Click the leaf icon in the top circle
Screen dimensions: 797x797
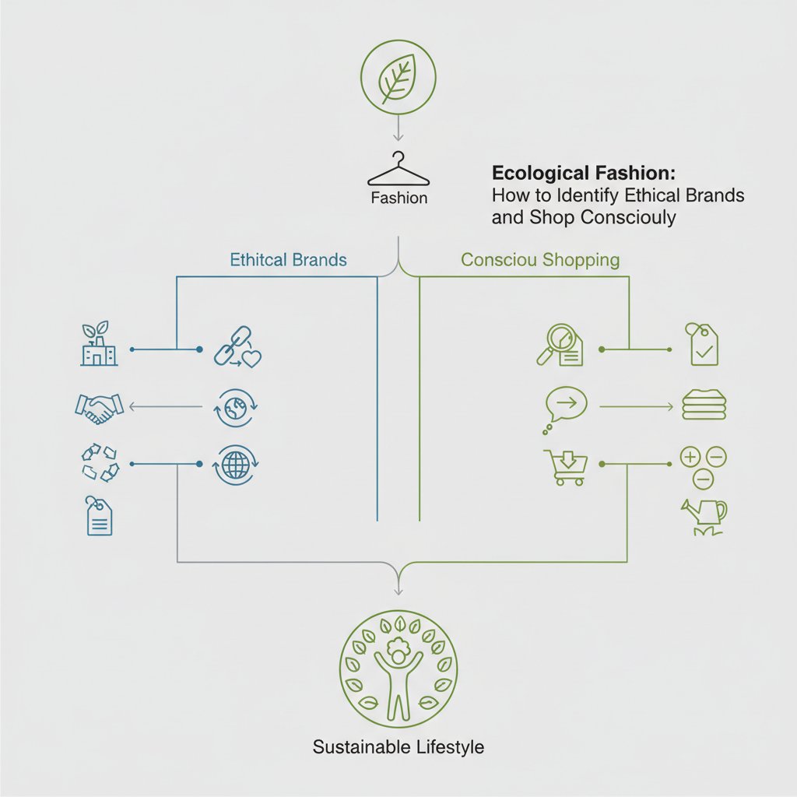coord(398,76)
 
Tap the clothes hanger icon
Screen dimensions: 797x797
coord(398,169)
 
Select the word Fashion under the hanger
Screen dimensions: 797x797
coord(398,198)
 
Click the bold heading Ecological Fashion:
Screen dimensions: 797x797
coord(584,173)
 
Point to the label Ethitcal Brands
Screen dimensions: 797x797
coord(288,260)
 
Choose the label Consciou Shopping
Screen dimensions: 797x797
coord(540,260)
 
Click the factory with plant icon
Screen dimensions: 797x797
coord(99,344)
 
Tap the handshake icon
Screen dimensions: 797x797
coord(99,406)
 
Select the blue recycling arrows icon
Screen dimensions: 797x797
coord(99,462)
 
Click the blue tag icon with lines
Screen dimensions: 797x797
coord(99,517)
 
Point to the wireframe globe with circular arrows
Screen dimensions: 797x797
coord(237,465)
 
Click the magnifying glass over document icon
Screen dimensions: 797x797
coord(560,346)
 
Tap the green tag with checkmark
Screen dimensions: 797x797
coord(704,345)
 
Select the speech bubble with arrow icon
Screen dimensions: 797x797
coord(565,405)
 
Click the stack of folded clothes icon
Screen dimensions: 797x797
coord(704,406)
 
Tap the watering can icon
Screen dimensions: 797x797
coord(704,514)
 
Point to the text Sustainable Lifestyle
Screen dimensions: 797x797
coord(398,747)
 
